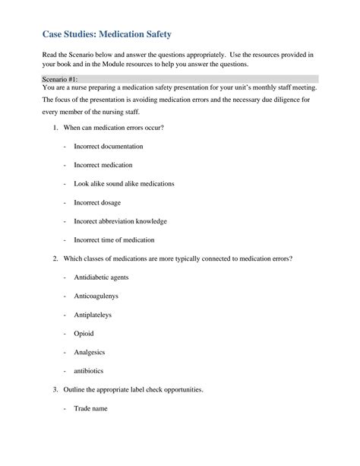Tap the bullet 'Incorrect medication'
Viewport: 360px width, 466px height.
click(x=103, y=165)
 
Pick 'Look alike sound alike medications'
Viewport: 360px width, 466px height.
click(x=124, y=184)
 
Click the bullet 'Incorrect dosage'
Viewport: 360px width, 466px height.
click(x=97, y=203)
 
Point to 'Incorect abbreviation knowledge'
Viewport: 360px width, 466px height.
click(x=120, y=221)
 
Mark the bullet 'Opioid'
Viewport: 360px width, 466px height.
click(x=84, y=334)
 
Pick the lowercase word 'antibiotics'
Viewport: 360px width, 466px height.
click(x=89, y=371)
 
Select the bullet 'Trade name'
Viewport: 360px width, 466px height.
click(x=90, y=409)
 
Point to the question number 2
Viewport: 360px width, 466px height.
click(x=55, y=258)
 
